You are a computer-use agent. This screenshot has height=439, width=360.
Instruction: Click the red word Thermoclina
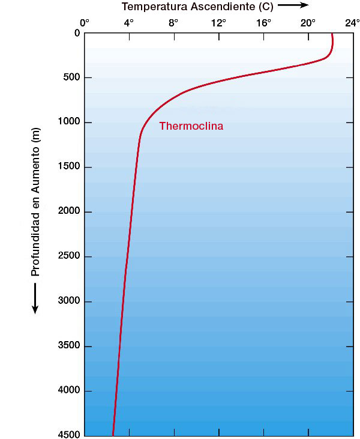pos(191,126)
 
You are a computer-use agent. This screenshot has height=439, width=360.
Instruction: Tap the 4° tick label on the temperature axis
pos(129,23)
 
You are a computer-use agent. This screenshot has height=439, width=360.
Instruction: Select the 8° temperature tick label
pos(173,23)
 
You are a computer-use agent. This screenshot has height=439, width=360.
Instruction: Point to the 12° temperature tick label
pos(218,23)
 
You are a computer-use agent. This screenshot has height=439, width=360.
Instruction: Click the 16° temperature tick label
pos(263,23)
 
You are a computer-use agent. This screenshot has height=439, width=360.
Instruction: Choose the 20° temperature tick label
pos(308,23)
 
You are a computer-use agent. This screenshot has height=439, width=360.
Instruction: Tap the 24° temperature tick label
pos(352,23)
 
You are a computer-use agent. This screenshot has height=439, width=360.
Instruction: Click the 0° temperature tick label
pos(85,23)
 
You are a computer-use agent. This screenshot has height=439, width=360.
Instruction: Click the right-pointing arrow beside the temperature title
pos(293,5)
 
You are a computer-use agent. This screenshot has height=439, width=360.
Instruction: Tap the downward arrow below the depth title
pos(35,298)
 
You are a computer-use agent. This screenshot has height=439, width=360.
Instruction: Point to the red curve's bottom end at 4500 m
pos(113,434)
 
